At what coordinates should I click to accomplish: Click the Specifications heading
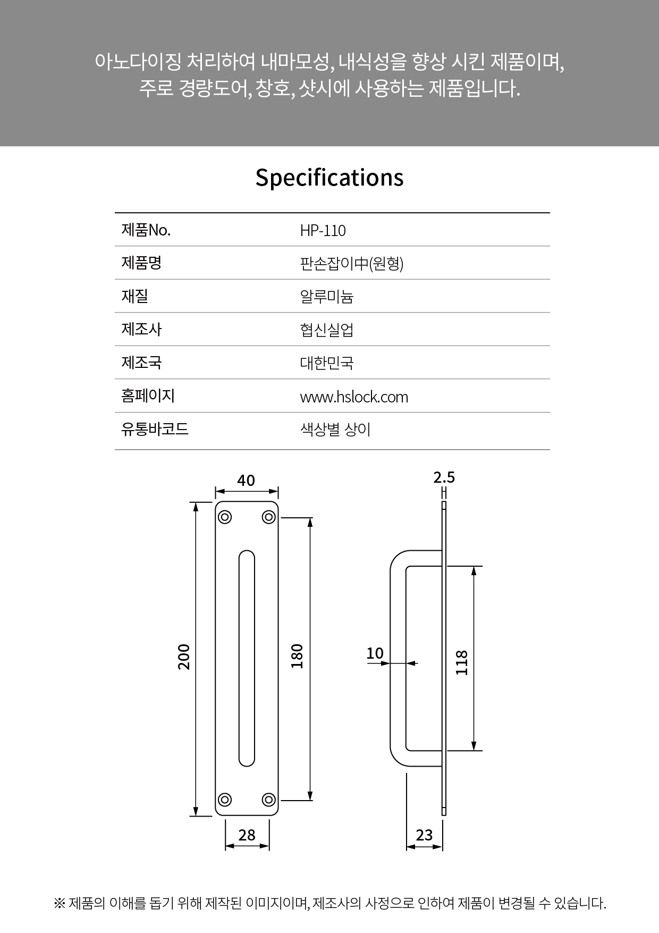[329, 178]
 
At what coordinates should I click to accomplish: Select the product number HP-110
[323, 231]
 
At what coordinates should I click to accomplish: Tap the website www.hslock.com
[354, 397]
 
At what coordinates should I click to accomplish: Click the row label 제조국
[141, 363]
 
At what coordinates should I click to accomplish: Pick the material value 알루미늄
[327, 297]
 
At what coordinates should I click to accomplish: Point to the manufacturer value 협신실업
[327, 330]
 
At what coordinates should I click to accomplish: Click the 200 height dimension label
[183, 657]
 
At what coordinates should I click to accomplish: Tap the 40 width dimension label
[246, 481]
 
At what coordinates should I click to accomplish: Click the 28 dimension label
[247, 835]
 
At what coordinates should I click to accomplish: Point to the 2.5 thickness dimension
[444, 477]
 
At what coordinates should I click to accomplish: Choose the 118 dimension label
[462, 662]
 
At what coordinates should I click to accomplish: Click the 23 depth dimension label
[424, 835]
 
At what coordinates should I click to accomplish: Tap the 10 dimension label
[375, 653]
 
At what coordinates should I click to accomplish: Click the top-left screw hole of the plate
[225, 517]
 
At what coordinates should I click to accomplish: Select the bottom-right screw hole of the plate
[269, 800]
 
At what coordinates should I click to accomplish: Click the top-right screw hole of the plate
[269, 517]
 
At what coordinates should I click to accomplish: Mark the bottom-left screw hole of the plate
[225, 800]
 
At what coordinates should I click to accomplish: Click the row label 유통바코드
[155, 429]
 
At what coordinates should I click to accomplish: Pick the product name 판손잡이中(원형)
[352, 264]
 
